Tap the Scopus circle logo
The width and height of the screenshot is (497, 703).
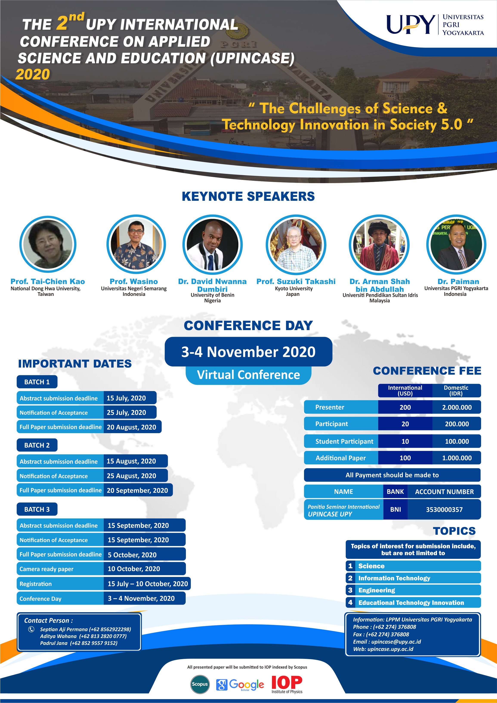200,684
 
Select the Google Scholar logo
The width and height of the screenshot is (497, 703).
240,685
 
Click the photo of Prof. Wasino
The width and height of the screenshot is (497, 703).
136,244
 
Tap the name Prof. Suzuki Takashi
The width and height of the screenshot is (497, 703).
296,281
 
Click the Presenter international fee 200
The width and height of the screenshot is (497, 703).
405,407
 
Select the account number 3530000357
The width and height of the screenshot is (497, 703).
444,510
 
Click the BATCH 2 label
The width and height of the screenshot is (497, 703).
37,445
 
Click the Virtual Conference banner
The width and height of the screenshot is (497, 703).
248,375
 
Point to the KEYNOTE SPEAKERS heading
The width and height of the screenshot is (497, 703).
248,196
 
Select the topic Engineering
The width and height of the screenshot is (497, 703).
377,590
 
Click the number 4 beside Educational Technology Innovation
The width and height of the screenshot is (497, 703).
350,602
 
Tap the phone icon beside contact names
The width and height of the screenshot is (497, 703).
31,629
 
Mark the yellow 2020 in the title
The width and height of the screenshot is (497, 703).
33,74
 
